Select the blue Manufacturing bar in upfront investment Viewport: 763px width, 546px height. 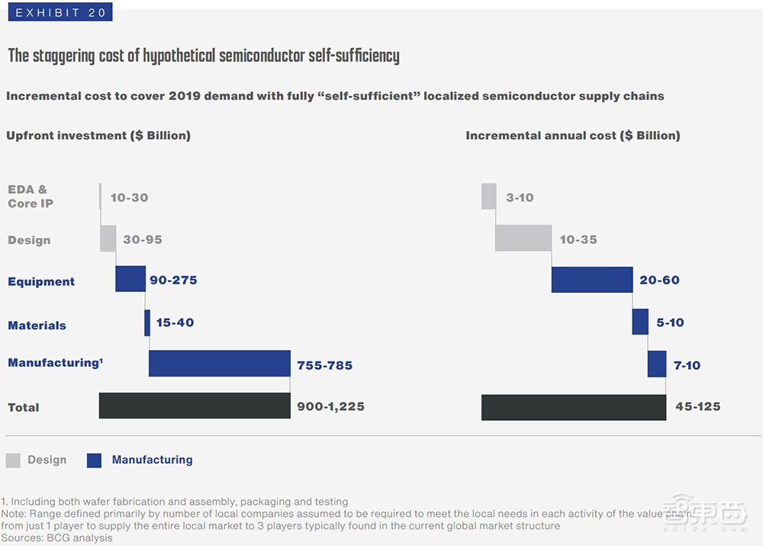(219, 364)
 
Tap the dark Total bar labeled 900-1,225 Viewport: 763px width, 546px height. (195, 406)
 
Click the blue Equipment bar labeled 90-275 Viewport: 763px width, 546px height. (130, 279)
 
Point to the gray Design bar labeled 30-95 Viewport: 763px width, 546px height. (108, 239)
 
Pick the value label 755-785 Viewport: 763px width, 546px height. (325, 365)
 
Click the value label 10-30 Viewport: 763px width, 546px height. (129, 198)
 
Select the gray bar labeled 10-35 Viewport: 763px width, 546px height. (523, 238)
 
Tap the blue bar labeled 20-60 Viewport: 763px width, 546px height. (592, 280)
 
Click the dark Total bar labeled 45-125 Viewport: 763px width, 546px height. (574, 406)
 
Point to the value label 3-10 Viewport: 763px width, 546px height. (520, 198)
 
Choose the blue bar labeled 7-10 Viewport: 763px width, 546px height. (657, 364)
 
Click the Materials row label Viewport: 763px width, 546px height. (37, 326)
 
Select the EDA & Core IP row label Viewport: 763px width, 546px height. (31, 196)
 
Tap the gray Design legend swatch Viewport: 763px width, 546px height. (13, 460)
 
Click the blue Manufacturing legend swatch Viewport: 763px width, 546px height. (94, 460)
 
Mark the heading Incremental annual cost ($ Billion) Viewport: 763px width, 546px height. (573, 136)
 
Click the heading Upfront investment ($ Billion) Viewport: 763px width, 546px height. (98, 136)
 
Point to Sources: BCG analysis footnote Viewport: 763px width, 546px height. (56, 538)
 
